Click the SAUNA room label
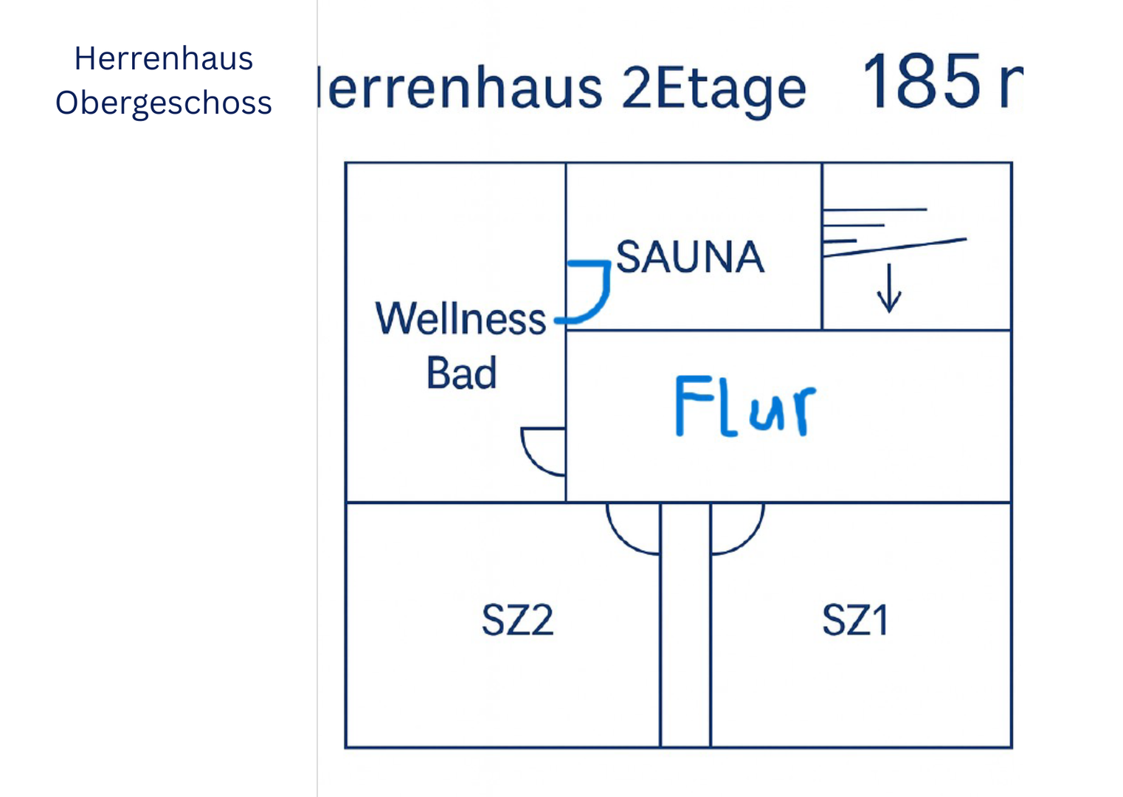(690, 257)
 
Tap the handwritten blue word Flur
(745, 406)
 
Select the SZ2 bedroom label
(517, 620)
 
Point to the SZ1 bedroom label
(855, 620)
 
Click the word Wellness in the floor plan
(460, 319)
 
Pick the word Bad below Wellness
(461, 373)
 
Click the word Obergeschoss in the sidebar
(164, 103)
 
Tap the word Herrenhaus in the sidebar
(164, 58)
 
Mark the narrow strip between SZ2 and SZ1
(685, 627)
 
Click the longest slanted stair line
(894, 247)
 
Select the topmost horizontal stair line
(874, 210)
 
